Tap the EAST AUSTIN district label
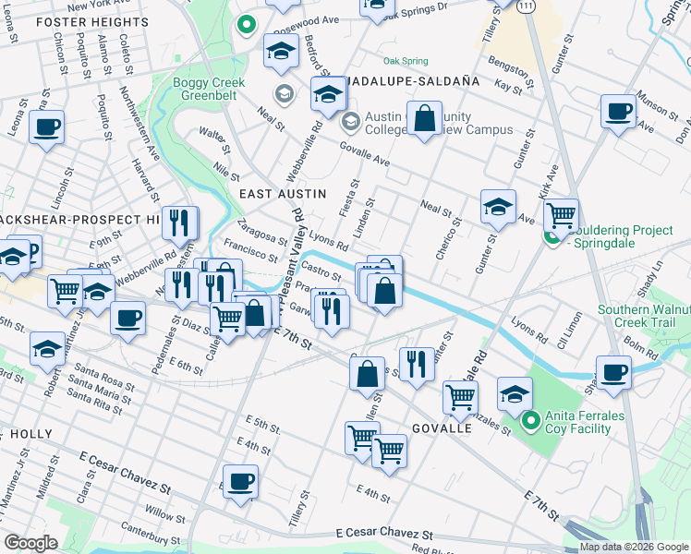(283, 193)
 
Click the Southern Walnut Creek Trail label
(641, 316)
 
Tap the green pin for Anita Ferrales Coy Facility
(530, 424)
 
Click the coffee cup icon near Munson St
(618, 111)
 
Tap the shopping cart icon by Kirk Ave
(561, 215)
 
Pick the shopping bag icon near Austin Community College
(423, 119)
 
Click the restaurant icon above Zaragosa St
(179, 223)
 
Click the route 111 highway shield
(525, 6)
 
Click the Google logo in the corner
(30, 543)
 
